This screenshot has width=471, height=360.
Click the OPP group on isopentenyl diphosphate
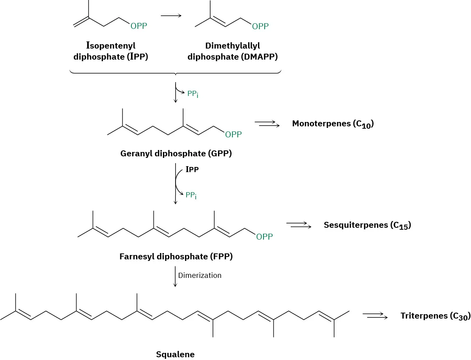tap(138, 26)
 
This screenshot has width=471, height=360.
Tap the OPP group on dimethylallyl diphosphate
tap(260, 26)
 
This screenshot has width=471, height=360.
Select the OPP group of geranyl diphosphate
tap(233, 135)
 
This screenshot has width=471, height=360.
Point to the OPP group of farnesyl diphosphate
tap(264, 237)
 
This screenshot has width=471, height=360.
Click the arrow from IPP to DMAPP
tap(171, 16)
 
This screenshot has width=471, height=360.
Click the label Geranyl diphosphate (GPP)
tap(176, 154)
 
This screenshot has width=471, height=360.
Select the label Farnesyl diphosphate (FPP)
tap(176, 257)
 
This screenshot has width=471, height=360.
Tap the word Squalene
tap(175, 354)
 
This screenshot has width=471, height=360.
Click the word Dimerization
tap(200, 275)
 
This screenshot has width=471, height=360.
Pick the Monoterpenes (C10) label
tap(333, 124)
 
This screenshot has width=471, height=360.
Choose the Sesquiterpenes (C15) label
tap(367, 225)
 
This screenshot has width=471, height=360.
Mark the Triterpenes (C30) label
tap(435, 316)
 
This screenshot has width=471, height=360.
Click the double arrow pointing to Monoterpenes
tap(267, 124)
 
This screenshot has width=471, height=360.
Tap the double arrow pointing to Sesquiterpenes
tap(299, 225)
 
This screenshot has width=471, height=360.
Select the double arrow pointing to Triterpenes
tap(375, 316)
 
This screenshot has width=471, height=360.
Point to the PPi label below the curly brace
tap(193, 94)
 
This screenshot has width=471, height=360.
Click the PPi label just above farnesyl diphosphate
tap(191, 195)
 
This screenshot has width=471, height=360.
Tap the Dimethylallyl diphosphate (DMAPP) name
tap(233, 51)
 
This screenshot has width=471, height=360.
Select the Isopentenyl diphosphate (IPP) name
tap(111, 51)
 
